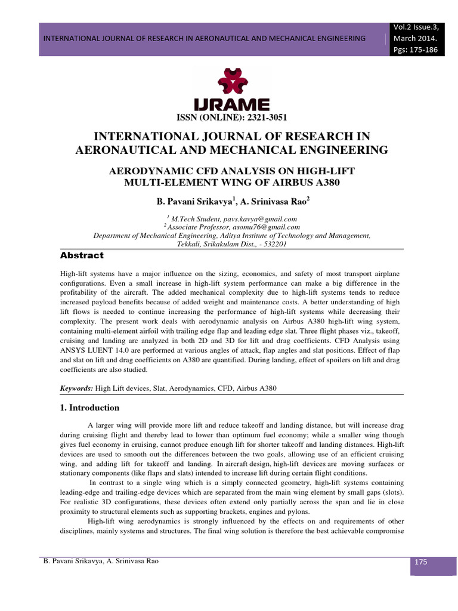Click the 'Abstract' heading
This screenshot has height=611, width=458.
pyautogui.click(x=82, y=255)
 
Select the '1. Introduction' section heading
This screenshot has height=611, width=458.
pyautogui.click(x=89, y=408)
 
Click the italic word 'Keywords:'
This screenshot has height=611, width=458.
pyautogui.click(x=76, y=388)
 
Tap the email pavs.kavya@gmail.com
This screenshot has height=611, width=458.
pyautogui.click(x=264, y=219)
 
